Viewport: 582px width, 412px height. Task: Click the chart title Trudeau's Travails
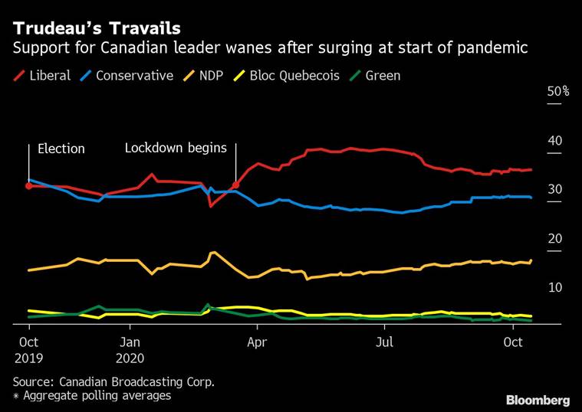97,28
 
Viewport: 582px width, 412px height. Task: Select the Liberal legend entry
45,76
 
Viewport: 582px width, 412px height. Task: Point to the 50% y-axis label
557,92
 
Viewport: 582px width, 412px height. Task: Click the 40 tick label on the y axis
554,141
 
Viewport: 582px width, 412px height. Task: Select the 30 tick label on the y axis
554,190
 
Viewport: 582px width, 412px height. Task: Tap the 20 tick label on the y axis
554,239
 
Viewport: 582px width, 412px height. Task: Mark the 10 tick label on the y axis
554,288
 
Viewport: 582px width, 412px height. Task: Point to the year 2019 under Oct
29,357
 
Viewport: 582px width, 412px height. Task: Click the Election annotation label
61,149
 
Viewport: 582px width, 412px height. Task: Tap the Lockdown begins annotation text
176,148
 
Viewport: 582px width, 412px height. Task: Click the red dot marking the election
28,185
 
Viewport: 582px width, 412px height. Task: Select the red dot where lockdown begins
236,185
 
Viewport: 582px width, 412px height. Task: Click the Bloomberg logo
538,400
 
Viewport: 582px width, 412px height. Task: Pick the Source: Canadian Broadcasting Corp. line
113,381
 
